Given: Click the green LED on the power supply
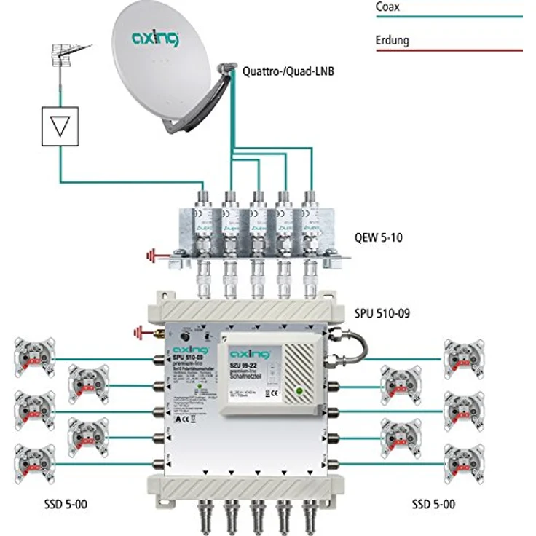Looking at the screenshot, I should [x=299, y=393].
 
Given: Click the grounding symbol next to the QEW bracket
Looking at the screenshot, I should [x=154, y=256].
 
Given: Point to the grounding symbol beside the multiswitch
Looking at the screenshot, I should [x=139, y=333].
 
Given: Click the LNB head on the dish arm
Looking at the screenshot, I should [x=228, y=69].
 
